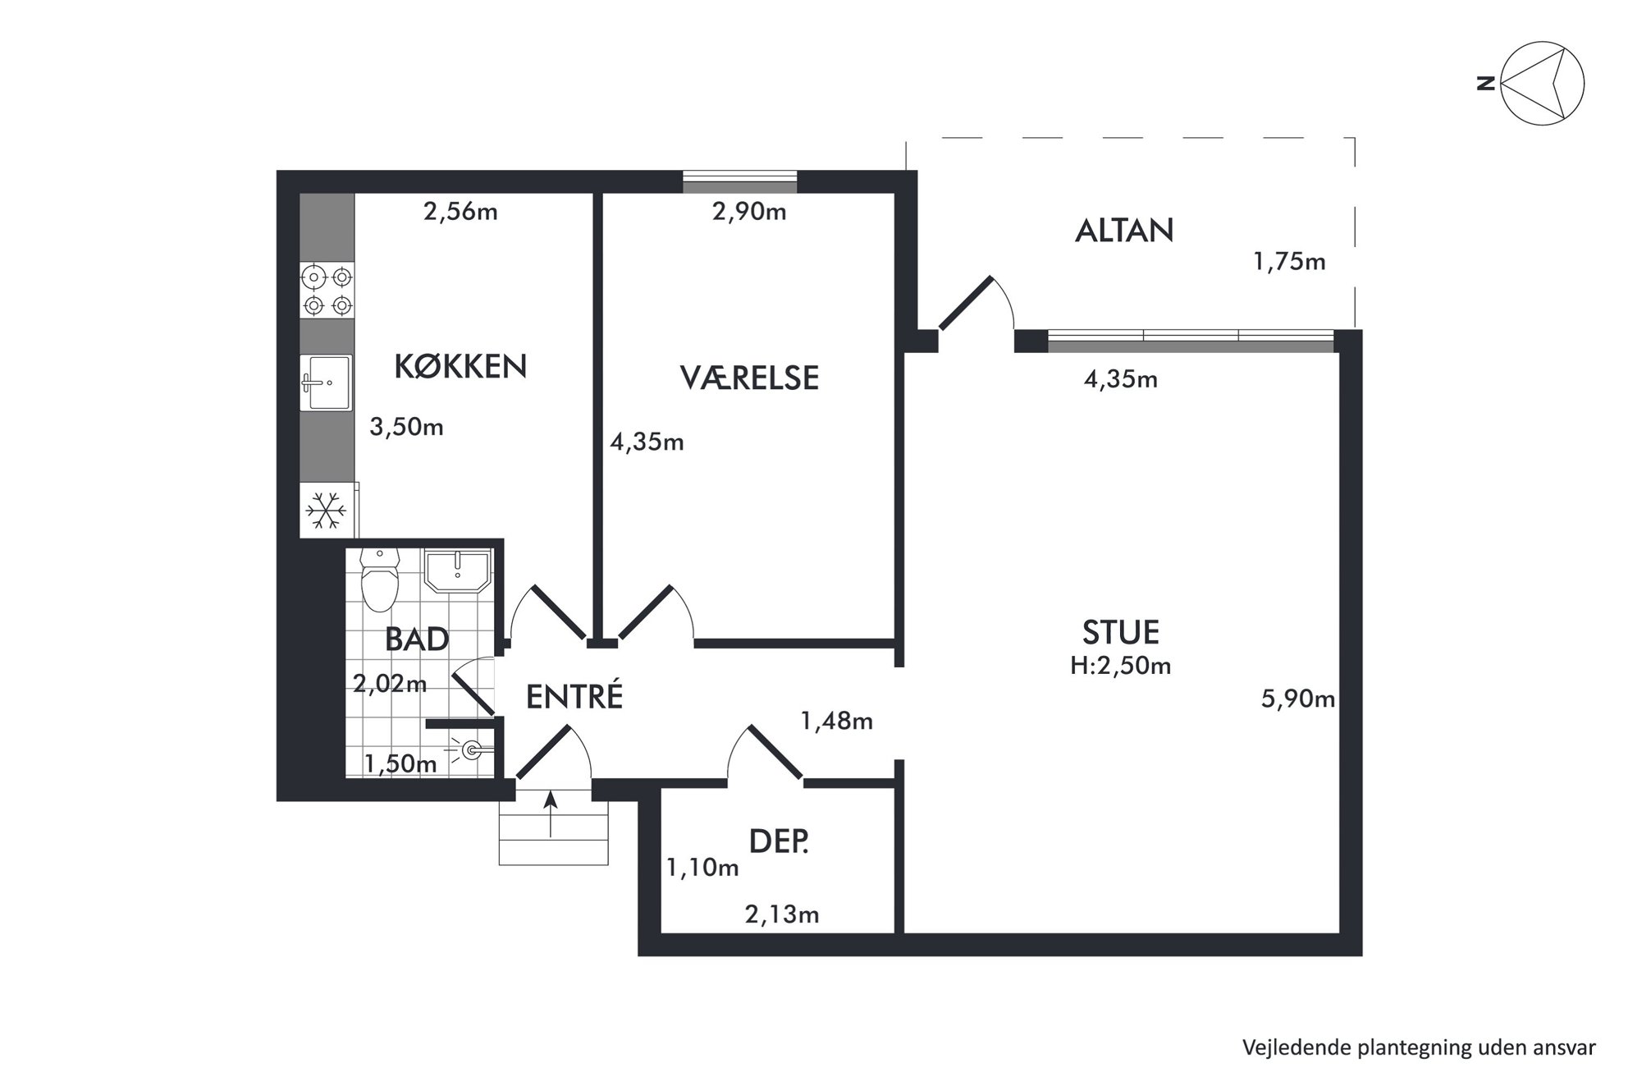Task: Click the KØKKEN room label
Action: point(460,366)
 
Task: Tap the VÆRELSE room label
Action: point(749,378)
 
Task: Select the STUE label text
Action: point(1120,633)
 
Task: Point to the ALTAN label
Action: point(1124,231)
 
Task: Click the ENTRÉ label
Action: point(574,696)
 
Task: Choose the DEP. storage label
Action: point(779,841)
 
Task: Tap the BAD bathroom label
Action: point(417,639)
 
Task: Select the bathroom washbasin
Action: point(456,570)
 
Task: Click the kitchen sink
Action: point(327,383)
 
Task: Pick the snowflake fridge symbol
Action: point(327,511)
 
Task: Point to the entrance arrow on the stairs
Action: point(550,814)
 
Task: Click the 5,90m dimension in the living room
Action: point(1297,699)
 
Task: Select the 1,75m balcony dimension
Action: point(1289,262)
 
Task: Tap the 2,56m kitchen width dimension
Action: point(460,212)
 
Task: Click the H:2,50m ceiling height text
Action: point(1120,666)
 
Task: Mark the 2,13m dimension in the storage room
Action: point(782,914)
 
